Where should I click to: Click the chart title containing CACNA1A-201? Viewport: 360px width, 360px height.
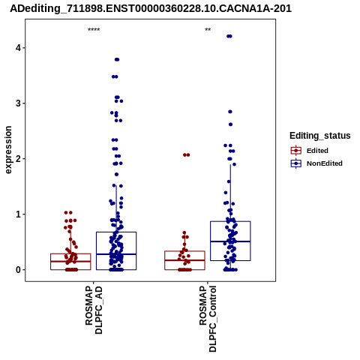tap(151, 9)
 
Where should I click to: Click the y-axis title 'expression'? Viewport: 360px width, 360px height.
tap(8, 150)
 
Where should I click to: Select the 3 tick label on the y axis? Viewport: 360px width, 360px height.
tap(18, 103)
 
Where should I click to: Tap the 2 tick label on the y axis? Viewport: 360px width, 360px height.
tap(18, 159)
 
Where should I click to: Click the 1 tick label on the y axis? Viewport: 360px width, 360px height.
tap(18, 214)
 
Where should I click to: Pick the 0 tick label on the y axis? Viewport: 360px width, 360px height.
tap(18, 270)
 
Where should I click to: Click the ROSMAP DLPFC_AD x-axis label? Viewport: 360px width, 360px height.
tap(94, 310)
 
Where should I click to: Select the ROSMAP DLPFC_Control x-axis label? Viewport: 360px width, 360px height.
tap(208, 319)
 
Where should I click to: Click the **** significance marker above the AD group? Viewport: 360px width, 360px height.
tap(94, 30)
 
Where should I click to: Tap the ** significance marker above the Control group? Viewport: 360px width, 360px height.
tap(208, 30)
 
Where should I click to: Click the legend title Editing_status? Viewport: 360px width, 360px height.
tap(320, 136)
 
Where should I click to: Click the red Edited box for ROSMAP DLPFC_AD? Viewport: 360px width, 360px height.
tap(70, 262)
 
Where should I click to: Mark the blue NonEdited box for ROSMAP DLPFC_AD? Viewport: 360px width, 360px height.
tap(116, 250)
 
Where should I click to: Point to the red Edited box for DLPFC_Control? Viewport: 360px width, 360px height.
tap(184, 260)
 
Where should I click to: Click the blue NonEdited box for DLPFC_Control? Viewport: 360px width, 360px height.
tap(230, 241)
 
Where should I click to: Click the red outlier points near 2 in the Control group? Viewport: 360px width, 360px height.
tap(187, 155)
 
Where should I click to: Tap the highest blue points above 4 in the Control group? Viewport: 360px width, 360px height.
tap(229, 36)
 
